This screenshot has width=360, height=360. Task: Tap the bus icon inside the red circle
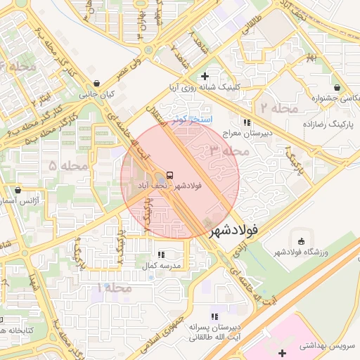(x=169, y=175)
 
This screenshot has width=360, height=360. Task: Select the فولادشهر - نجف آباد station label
(x=169, y=186)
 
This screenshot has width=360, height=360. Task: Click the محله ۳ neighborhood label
(x=226, y=150)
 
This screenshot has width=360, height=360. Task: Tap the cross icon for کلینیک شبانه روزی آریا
(x=205, y=76)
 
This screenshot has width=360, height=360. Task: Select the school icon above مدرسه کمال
(x=161, y=255)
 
